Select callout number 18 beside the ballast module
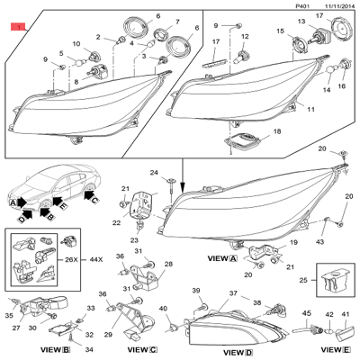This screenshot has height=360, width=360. [x=277, y=132]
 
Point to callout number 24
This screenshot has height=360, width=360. [x=154, y=173]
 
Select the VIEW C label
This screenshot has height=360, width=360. [x=142, y=349]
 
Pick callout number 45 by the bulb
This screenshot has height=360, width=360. [x=305, y=313]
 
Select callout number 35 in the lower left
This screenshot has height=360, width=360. [x=9, y=317]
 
